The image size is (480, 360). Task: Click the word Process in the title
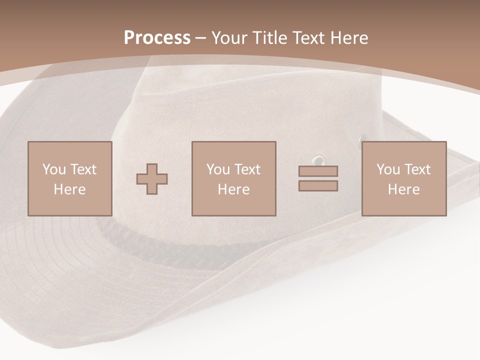coord(157,38)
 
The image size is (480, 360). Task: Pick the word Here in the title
coord(350,38)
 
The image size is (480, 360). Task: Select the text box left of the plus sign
coord(70,178)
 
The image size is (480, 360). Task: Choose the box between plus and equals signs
coord(234,178)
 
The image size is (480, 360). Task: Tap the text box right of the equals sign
coord(404,178)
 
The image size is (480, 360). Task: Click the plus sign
coord(152,179)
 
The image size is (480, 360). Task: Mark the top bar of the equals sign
coord(318,171)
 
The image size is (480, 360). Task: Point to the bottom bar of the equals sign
coord(318,185)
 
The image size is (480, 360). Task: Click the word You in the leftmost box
coord(54,169)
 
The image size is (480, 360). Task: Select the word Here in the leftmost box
coord(70,189)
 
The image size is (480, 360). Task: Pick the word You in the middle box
coord(218,169)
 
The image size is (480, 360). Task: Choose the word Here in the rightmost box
coord(404,189)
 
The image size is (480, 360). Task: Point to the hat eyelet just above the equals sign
coord(317,160)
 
